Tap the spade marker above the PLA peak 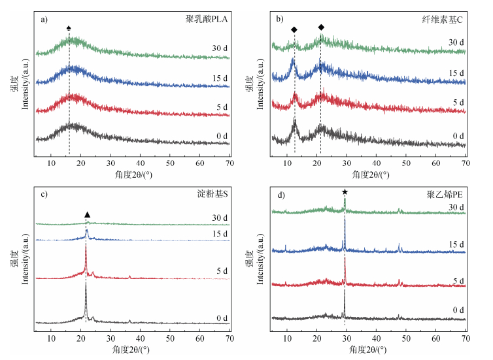[x=69, y=28]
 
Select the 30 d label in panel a [x=219, y=48]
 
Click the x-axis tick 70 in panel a [x=229, y=161]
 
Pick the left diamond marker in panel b [x=294, y=29]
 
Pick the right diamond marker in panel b [x=321, y=27]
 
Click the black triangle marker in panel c [x=88, y=214]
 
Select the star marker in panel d [x=345, y=192]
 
